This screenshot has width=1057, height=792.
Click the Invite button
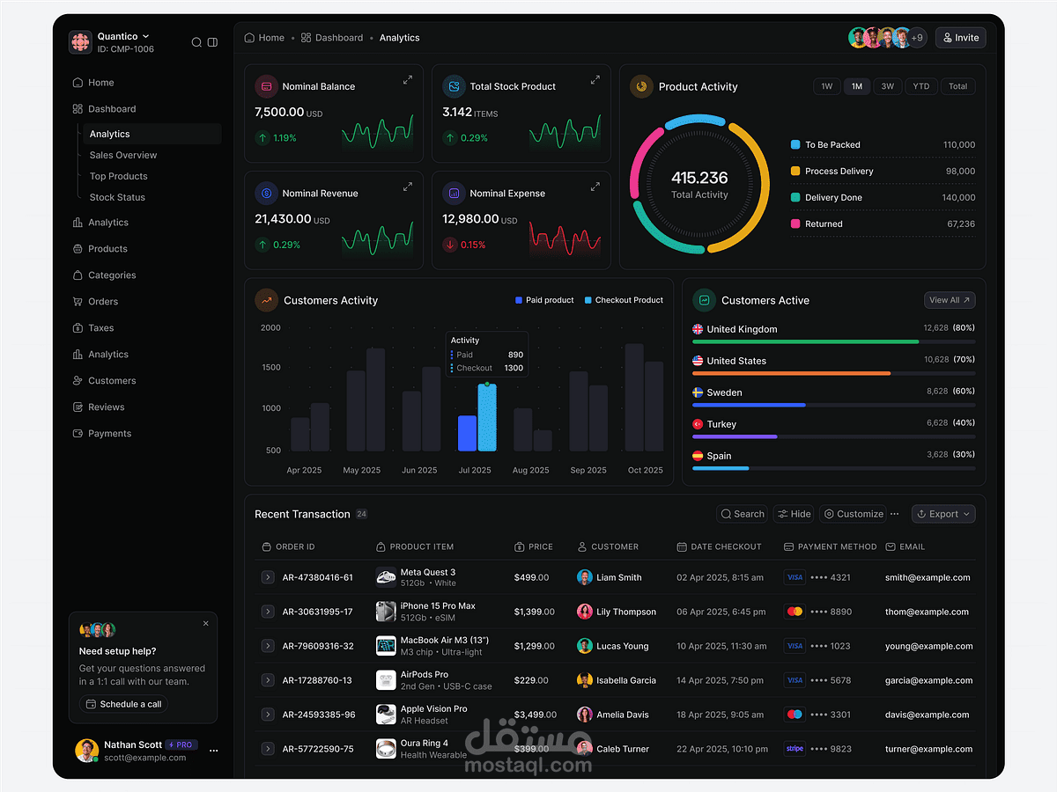(x=960, y=38)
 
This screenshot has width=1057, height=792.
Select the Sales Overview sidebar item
(x=123, y=155)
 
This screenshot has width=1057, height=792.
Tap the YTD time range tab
(x=920, y=86)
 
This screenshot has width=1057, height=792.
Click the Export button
(x=943, y=514)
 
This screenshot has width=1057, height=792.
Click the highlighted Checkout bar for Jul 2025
(x=487, y=418)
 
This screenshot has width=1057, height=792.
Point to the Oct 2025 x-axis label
(x=645, y=470)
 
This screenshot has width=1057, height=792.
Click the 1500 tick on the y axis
(x=270, y=368)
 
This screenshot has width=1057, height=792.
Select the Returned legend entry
(x=824, y=224)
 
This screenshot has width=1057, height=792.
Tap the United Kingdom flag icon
(x=698, y=329)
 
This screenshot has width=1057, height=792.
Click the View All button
(x=950, y=300)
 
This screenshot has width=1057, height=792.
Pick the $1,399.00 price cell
(x=534, y=612)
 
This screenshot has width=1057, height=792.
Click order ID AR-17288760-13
(x=317, y=680)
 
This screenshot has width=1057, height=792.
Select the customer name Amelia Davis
(x=622, y=715)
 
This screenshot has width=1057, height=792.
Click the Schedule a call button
(x=123, y=704)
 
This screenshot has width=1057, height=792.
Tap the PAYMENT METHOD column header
(x=837, y=546)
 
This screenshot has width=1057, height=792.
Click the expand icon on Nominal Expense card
(x=595, y=187)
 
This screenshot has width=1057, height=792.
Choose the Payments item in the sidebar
(x=109, y=433)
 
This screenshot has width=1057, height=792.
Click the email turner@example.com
(x=928, y=749)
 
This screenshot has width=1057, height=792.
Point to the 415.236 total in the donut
(x=699, y=178)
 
